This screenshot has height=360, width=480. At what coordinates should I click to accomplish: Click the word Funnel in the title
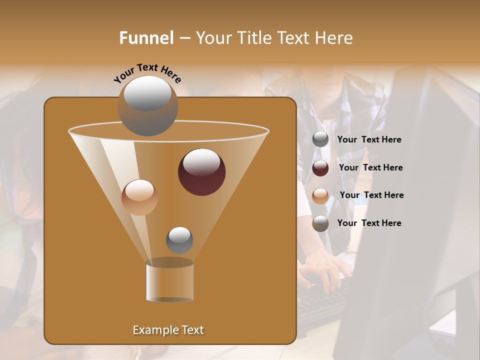tap(146, 38)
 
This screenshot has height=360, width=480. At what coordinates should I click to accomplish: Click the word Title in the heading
tap(253, 38)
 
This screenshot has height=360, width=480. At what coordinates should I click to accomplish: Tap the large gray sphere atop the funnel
tap(147, 105)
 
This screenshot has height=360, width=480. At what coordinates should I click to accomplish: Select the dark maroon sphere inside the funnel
tap(202, 172)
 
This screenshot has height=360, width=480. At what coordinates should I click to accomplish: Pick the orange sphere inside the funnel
tap(139, 197)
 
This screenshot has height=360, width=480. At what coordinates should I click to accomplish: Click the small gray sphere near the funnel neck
tap(179, 240)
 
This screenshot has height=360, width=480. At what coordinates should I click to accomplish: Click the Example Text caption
tap(168, 330)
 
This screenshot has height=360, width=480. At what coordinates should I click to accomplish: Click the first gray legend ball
tap(320, 139)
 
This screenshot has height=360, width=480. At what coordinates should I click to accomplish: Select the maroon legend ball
tap(320, 168)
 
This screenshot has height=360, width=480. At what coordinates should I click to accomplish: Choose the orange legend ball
tap(320, 195)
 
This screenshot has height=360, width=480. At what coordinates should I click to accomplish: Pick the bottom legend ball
tap(320, 223)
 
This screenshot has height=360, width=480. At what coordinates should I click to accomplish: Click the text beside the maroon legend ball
tap(370, 167)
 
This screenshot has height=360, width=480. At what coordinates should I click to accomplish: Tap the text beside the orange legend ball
tap(371, 195)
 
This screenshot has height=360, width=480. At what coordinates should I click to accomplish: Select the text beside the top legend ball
tap(369, 139)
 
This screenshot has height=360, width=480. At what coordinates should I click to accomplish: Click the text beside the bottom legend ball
tap(369, 223)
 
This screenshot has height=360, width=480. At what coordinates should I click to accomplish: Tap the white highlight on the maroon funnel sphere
tap(202, 162)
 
